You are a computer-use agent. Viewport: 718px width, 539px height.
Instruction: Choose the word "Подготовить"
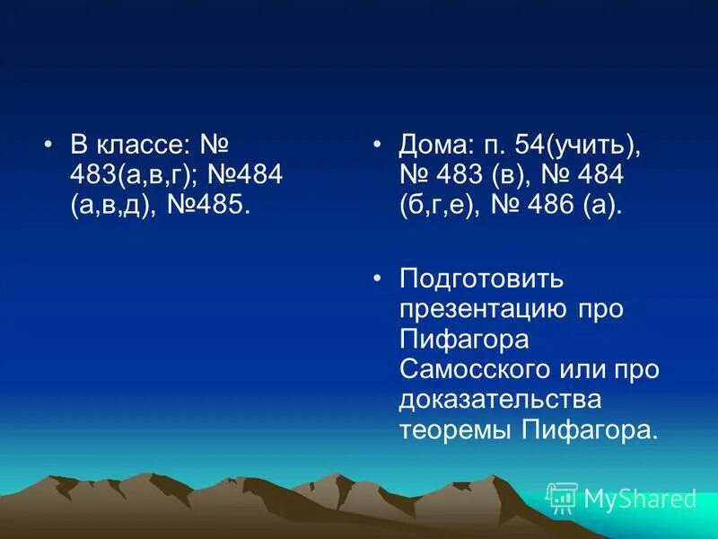tap(481, 278)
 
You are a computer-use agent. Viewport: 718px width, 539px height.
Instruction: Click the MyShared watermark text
tap(640, 499)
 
